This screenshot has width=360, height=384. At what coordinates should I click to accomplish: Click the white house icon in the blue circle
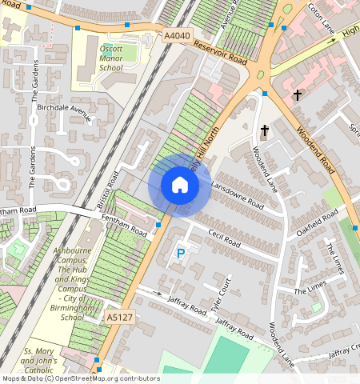[x=180, y=186]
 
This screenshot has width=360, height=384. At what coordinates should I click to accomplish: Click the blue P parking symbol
[x=180, y=254]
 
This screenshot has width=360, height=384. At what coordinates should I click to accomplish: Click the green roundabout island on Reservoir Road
[x=258, y=76]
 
